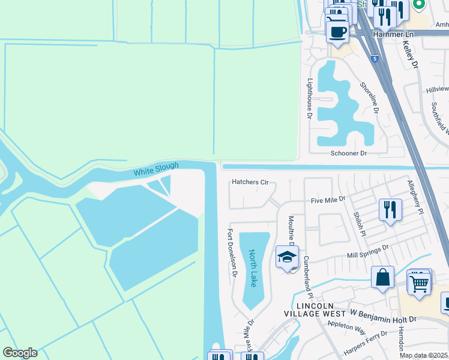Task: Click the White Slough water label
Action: tap(156, 170)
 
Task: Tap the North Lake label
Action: tap(253, 268)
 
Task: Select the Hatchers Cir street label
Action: tap(250, 182)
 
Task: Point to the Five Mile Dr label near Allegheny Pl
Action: tap(328, 199)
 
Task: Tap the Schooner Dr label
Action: tap(348, 154)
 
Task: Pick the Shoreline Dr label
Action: tap(369, 98)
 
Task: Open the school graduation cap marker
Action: tap(287, 257)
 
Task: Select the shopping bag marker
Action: tap(382, 278)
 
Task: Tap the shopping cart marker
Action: tap(419, 282)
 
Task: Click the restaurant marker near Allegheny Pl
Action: tap(391, 210)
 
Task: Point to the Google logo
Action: tap(20, 353)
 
